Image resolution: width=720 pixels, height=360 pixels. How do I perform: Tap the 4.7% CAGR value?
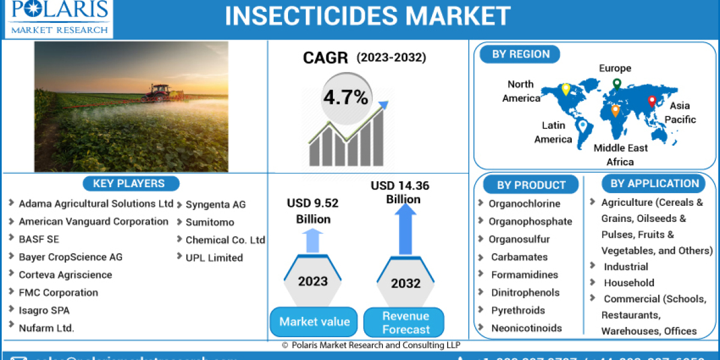pyautogui.click(x=346, y=97)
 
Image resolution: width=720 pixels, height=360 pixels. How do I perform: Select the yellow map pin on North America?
pyautogui.click(x=565, y=90)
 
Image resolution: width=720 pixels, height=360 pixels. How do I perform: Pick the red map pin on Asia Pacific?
pyautogui.click(x=652, y=102)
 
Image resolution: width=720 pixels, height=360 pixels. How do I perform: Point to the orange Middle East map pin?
pyautogui.click(x=615, y=110)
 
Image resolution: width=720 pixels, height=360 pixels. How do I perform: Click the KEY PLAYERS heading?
pyautogui.click(x=128, y=184)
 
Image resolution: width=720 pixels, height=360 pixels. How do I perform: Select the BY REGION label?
pyautogui.click(x=521, y=55)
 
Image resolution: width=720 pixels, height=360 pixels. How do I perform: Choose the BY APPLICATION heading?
pyautogui.click(x=655, y=184)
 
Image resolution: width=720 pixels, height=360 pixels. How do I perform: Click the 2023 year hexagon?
pyautogui.click(x=313, y=281)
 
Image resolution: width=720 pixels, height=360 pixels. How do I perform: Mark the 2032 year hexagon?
pyautogui.click(x=406, y=283)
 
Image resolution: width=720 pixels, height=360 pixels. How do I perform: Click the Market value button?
pyautogui.click(x=314, y=322)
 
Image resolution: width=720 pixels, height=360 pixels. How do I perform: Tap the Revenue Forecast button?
pyautogui.click(x=406, y=322)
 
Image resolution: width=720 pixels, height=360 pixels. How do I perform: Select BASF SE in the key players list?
pyautogui.click(x=39, y=239)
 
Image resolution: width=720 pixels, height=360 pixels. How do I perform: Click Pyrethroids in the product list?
pyautogui.click(x=518, y=310)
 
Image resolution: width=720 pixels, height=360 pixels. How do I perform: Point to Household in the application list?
pyautogui.click(x=629, y=283)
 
